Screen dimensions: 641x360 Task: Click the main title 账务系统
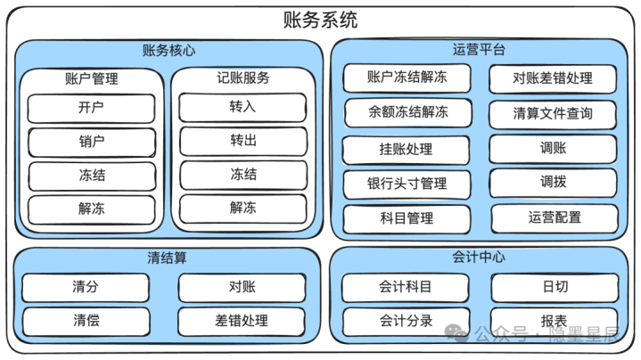click(x=321, y=20)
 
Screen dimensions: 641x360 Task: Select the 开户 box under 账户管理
click(x=91, y=109)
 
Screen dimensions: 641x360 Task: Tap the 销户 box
click(x=92, y=143)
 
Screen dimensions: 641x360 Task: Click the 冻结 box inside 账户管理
click(x=92, y=176)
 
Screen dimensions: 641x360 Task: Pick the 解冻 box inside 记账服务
click(x=243, y=209)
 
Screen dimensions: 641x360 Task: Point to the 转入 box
click(x=242, y=108)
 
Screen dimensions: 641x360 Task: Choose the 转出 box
click(x=243, y=142)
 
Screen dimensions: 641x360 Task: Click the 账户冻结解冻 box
click(x=407, y=78)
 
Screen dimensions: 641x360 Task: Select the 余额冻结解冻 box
click(x=408, y=112)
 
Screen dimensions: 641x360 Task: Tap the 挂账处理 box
click(x=406, y=150)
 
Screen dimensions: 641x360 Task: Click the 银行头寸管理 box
click(x=407, y=184)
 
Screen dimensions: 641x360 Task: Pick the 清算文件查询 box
click(x=553, y=114)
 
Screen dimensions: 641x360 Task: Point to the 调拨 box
click(x=553, y=183)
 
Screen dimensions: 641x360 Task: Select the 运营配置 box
click(x=555, y=218)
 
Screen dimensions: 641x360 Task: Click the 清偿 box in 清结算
click(x=86, y=321)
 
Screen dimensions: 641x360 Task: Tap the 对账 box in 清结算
click(x=242, y=288)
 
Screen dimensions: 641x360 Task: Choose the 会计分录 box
click(x=406, y=322)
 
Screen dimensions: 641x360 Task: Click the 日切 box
click(x=555, y=288)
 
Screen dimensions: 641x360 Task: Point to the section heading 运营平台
click(x=479, y=50)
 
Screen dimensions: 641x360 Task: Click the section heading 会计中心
click(x=479, y=257)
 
